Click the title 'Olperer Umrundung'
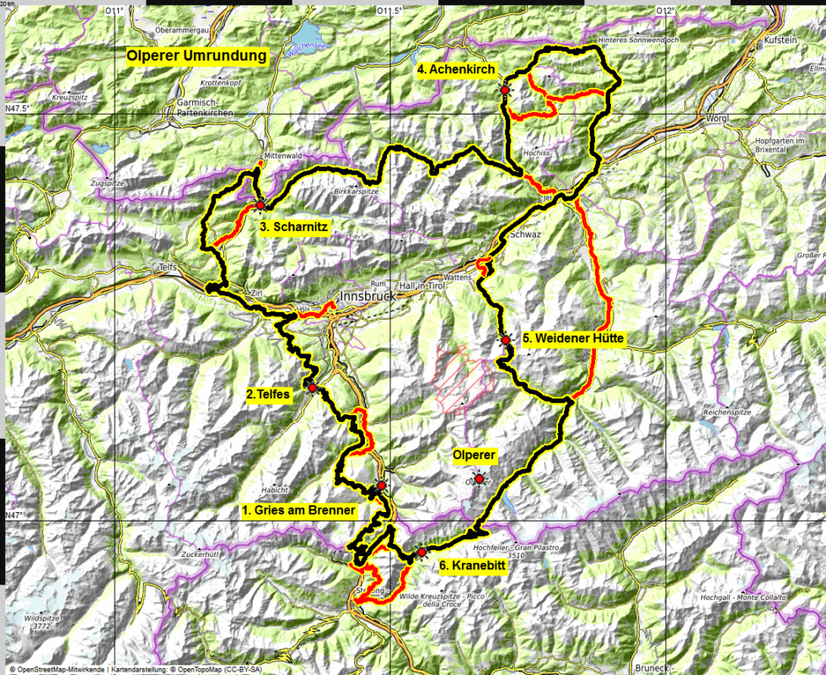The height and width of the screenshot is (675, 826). pyautogui.click(x=196, y=57)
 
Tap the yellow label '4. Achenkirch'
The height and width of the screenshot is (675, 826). pyautogui.click(x=456, y=70)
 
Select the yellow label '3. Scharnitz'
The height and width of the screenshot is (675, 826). pyautogui.click(x=293, y=226)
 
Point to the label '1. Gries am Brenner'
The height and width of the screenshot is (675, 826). pyautogui.click(x=298, y=510)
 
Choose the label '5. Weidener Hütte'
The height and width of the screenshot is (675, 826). pyautogui.click(x=573, y=339)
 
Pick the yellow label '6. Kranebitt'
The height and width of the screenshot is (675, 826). pyautogui.click(x=473, y=566)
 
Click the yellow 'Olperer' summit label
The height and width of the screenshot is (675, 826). pyautogui.click(x=475, y=456)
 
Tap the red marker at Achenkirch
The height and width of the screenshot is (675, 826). pyautogui.click(x=505, y=90)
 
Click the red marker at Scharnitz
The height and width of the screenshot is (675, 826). pyautogui.click(x=260, y=205)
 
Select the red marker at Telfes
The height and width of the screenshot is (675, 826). pyautogui.click(x=313, y=387)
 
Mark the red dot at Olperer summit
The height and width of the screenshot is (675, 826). pyautogui.click(x=479, y=479)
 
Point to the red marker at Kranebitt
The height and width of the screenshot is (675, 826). pyautogui.click(x=421, y=553)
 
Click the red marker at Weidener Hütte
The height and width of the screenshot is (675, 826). pyautogui.click(x=506, y=341)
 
